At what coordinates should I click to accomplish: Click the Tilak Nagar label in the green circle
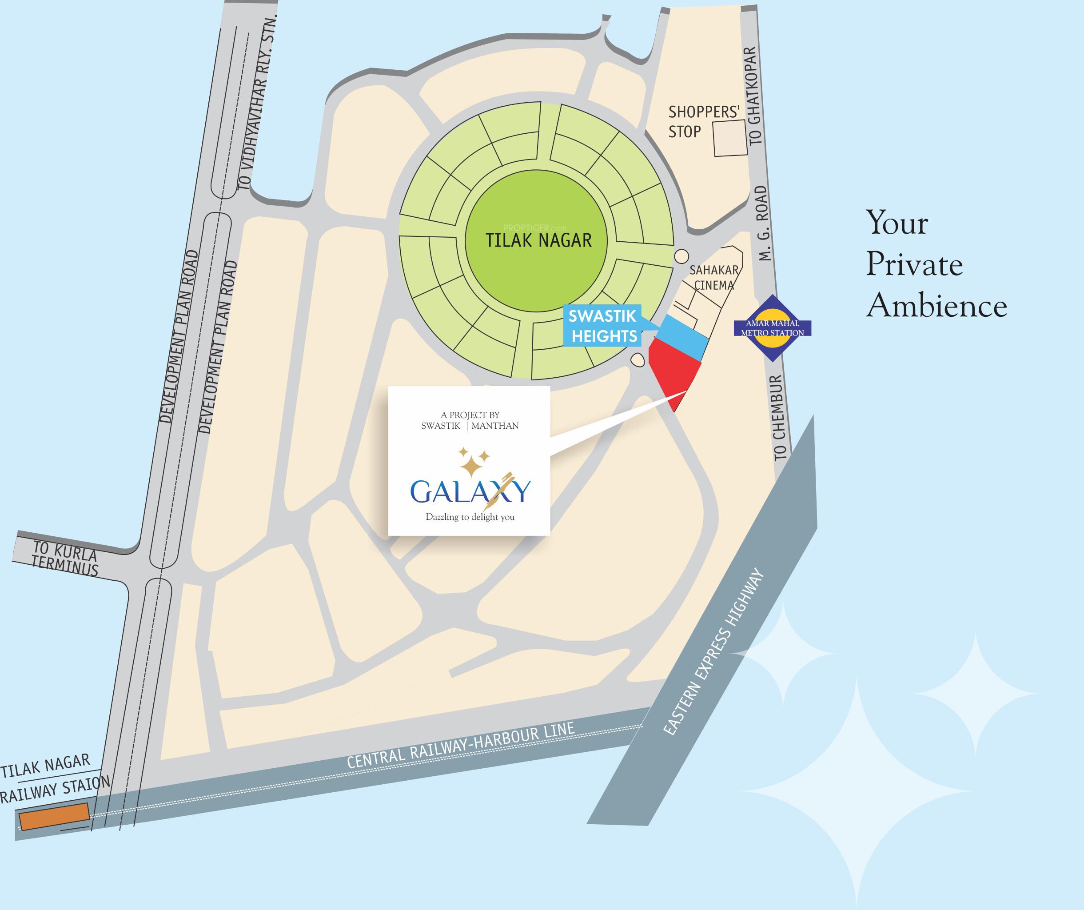538,240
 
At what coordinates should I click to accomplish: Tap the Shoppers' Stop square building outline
730,138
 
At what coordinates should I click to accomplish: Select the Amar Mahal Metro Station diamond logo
772,329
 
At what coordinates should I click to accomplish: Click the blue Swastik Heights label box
603,326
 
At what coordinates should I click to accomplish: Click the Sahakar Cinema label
714,278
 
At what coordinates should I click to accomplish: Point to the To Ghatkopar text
754,96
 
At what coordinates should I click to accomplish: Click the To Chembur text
779,418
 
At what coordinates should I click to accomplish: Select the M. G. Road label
763,223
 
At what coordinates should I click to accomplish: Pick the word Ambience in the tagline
937,306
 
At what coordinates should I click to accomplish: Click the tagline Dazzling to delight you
470,517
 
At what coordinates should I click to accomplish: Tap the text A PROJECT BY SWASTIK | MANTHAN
470,420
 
